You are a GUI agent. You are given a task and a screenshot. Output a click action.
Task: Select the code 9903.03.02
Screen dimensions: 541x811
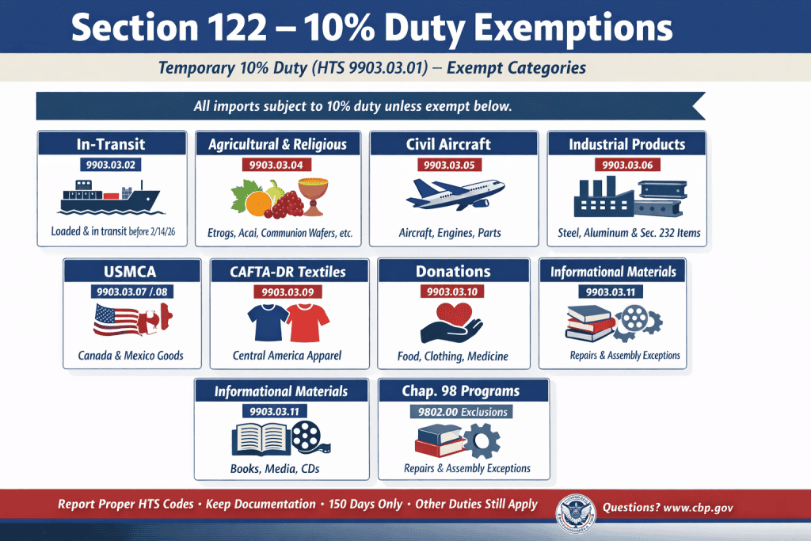(x=112, y=165)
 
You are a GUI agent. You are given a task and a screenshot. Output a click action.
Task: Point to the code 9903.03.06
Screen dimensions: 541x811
(x=627, y=165)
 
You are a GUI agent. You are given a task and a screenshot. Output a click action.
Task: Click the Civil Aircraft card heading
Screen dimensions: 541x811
(x=448, y=144)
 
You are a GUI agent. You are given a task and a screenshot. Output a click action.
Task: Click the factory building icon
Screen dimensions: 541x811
(x=602, y=198)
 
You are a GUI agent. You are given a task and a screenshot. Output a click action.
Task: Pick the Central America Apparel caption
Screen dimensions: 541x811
(x=287, y=355)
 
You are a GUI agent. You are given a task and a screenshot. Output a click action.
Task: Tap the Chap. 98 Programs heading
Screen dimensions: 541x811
(x=463, y=391)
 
